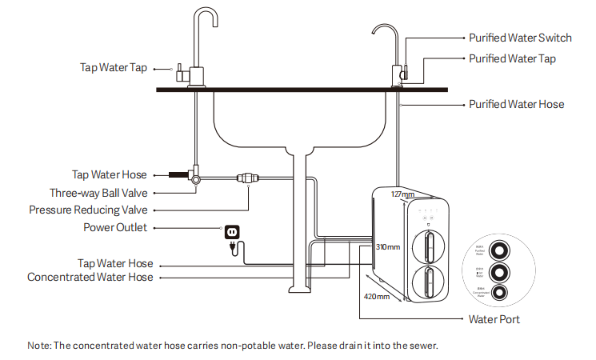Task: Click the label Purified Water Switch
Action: (520, 38)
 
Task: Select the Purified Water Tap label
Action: (512, 58)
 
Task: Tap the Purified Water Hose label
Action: (516, 104)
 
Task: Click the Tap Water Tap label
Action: (114, 67)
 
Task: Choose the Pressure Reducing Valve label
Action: (88, 210)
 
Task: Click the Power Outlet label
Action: (115, 227)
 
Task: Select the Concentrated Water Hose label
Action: (90, 277)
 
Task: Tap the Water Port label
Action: (494, 319)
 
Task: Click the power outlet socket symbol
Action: (231, 231)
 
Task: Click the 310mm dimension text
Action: (388, 247)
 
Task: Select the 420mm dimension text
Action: (377, 296)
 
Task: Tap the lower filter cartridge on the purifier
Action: (430, 282)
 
